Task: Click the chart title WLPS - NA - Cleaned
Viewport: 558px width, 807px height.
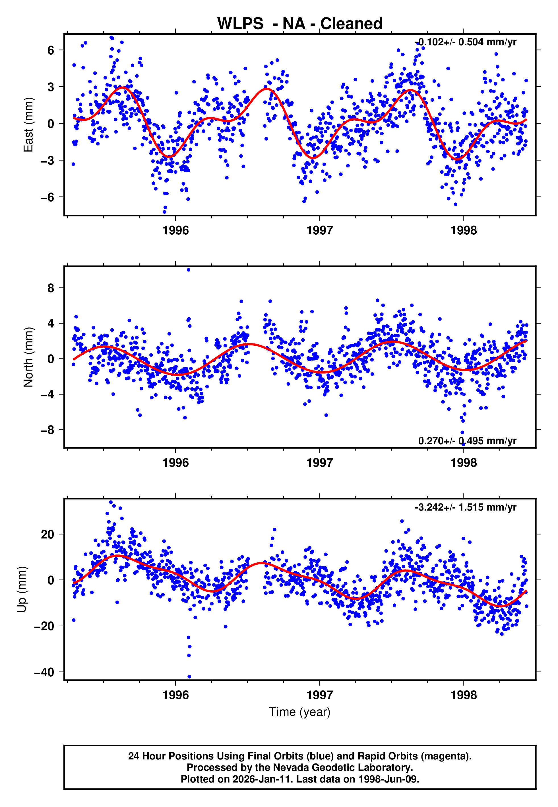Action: click(x=300, y=24)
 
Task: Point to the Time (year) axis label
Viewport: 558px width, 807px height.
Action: click(x=300, y=712)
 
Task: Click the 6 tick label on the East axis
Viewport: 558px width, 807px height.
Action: click(x=51, y=50)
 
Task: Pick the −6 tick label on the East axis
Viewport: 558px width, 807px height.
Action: click(x=47, y=197)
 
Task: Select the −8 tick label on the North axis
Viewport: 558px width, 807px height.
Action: click(x=47, y=430)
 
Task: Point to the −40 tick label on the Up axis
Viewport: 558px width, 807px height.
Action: click(x=44, y=672)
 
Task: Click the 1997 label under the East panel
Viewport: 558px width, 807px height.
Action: click(x=320, y=231)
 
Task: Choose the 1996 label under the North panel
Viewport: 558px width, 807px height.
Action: click(x=175, y=463)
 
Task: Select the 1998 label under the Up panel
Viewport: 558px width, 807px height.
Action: click(x=464, y=695)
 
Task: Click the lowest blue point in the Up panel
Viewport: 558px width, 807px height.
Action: click(x=189, y=677)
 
